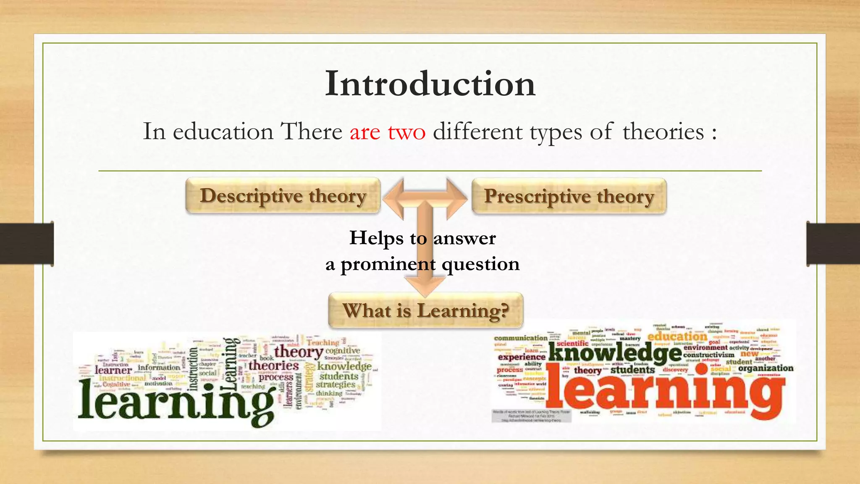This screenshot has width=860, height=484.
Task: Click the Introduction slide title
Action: (430, 84)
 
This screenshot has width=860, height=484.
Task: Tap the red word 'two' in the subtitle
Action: (406, 132)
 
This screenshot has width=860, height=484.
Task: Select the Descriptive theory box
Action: (283, 196)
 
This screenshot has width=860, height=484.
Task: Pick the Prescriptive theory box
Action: (569, 196)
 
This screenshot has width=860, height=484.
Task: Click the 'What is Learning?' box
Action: (425, 311)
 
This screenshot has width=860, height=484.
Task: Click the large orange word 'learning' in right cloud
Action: (666, 389)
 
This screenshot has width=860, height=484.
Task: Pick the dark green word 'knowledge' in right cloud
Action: (615, 352)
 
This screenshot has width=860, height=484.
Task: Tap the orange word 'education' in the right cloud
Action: (677, 337)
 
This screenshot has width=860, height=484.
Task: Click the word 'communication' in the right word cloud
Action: (521, 338)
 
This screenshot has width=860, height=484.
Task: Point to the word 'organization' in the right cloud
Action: (766, 368)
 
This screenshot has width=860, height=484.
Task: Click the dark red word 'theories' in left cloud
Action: (273, 366)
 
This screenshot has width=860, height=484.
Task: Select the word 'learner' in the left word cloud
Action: (113, 370)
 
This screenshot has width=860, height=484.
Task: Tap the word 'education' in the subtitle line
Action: (223, 132)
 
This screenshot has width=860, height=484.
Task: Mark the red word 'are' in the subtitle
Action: (365, 132)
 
